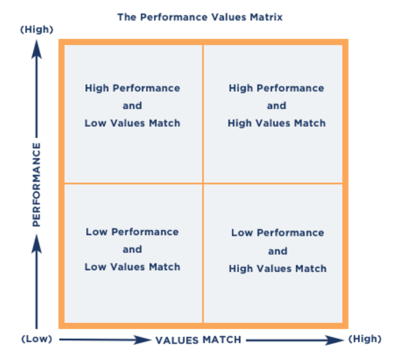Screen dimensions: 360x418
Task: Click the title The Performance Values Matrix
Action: click(199, 17)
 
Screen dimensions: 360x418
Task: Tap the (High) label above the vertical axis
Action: click(36, 30)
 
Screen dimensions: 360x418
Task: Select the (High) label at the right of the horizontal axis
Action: click(365, 339)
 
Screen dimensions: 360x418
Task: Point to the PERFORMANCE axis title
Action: click(36, 184)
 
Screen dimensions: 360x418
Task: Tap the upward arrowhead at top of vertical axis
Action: click(36, 46)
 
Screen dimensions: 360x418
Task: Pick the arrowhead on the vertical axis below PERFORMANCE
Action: click(36, 246)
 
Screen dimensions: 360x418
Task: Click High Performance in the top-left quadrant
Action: click(132, 88)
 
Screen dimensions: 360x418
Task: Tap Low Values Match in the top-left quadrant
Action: click(132, 123)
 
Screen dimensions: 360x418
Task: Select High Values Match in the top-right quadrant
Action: click(277, 123)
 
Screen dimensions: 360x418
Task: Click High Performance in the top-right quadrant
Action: click(277, 88)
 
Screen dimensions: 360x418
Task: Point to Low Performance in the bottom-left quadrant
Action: click(132, 232)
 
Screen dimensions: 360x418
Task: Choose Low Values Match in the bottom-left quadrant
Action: click(132, 267)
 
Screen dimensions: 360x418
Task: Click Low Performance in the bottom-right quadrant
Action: click(277, 233)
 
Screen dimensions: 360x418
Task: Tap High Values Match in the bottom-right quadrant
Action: click(277, 268)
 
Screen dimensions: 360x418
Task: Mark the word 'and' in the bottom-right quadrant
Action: click(277, 251)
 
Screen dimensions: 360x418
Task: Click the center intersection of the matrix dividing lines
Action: click(203, 183)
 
